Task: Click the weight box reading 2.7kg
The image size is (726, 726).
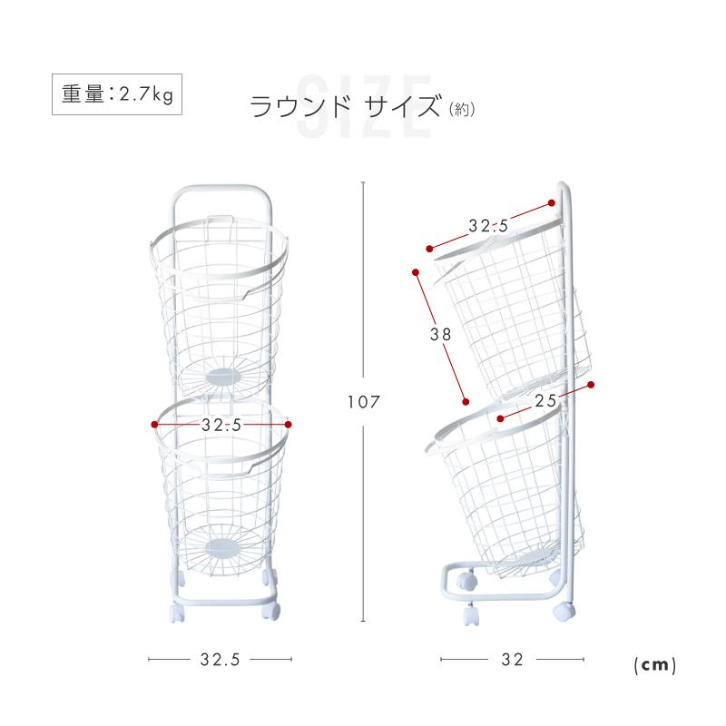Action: [116, 93]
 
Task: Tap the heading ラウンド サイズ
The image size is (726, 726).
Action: [345, 108]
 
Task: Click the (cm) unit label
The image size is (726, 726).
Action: [654, 664]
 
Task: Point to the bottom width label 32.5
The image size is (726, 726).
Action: [220, 661]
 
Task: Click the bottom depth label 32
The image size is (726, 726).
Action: [512, 661]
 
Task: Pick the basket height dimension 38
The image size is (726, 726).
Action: [440, 333]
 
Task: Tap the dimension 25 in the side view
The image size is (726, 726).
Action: [545, 399]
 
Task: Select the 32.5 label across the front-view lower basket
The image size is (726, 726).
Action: [221, 424]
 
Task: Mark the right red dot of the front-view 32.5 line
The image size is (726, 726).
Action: [288, 424]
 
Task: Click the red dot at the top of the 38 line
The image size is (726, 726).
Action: [416, 270]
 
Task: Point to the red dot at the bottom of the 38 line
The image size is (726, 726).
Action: [466, 401]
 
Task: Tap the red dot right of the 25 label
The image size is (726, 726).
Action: [591, 386]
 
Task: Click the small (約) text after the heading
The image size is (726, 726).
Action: [462, 110]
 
